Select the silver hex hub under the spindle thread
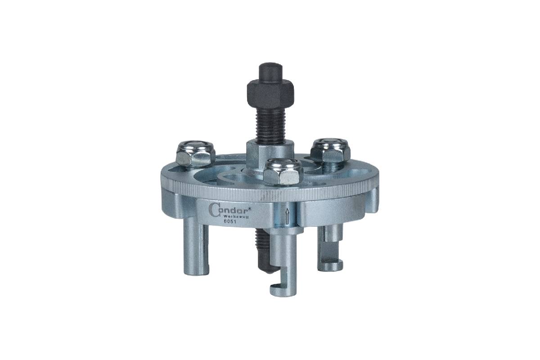(x=270, y=154)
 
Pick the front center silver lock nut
(x=283, y=171)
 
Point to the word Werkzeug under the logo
(x=237, y=216)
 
